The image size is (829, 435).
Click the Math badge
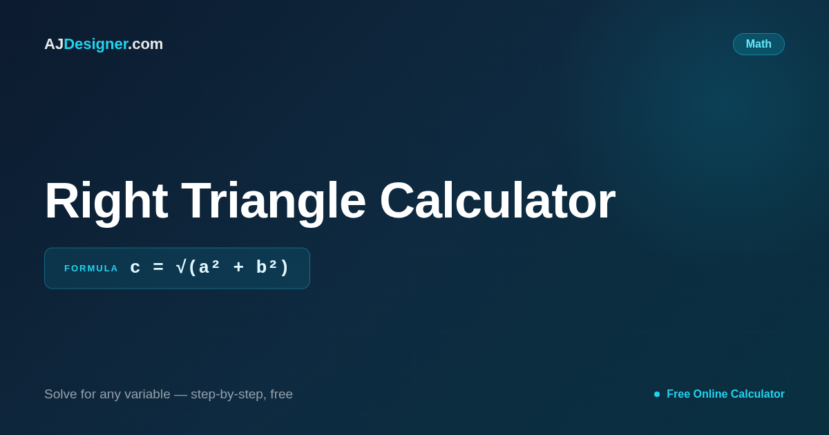[x=759, y=44]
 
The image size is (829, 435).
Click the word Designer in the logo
[x=96, y=44]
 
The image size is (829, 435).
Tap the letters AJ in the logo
[x=54, y=44]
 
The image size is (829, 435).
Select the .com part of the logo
[x=146, y=44]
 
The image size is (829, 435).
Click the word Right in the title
[x=106, y=202]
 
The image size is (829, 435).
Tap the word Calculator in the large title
[x=497, y=200]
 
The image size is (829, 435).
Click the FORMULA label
[x=91, y=268]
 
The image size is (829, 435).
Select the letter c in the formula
[x=135, y=268]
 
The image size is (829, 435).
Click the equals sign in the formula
[x=158, y=267]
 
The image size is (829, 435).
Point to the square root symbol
[x=181, y=267]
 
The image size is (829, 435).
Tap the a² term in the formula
[x=209, y=267]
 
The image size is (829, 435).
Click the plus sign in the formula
[x=239, y=267]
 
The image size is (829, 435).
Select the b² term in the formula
[x=267, y=267]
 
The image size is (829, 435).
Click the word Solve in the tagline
[x=61, y=394]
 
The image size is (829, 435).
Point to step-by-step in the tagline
[x=229, y=395]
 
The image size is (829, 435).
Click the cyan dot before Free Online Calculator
[x=657, y=394]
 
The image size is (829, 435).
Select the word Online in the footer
[x=710, y=394]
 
